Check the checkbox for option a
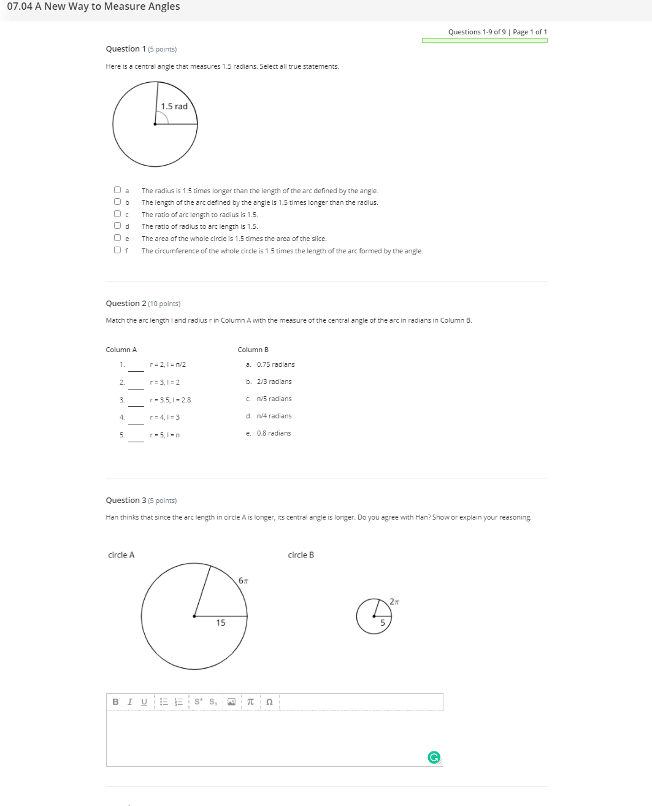point(117,191)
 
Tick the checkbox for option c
point(117,214)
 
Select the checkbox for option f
point(117,250)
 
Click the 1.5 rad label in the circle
point(174,106)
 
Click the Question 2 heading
point(126,303)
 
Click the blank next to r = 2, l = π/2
point(136,366)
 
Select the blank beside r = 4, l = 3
point(136,418)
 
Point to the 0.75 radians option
point(275,364)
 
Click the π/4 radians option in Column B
point(274,416)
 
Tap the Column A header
point(121,350)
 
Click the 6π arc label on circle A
point(244,580)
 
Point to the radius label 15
point(220,623)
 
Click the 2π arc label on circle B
point(394,602)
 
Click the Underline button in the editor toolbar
point(144,702)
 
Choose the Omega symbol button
point(269,702)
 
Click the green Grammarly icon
point(434,758)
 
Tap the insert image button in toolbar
point(231,702)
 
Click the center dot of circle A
point(194,616)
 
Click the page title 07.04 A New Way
point(93,7)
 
